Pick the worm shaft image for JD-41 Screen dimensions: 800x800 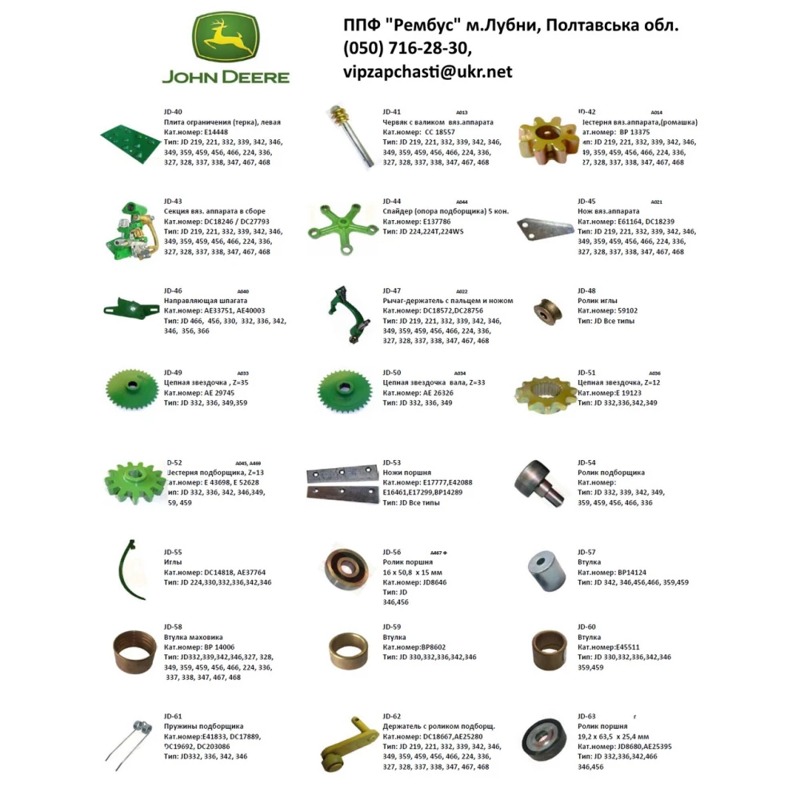pos(348,136)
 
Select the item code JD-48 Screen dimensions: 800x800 pos(586,290)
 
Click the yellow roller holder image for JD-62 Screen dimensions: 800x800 pos(346,744)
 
